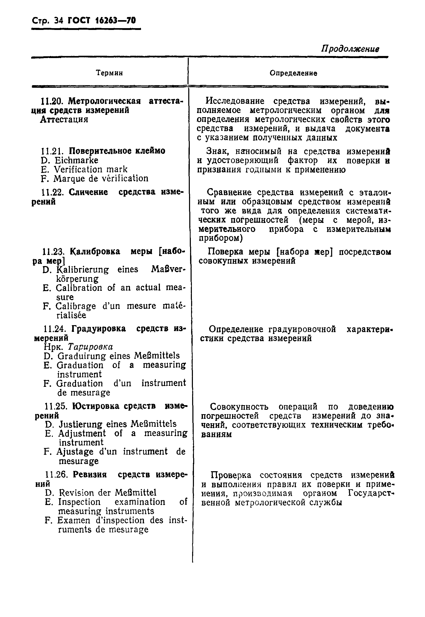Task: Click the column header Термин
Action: pos(109,73)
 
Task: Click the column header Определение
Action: pos(293,73)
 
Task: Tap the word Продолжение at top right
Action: pos(350,49)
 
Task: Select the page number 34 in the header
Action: pos(58,20)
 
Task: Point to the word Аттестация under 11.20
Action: pos(64,119)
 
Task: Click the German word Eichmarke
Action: pos(76,160)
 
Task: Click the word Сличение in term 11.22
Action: pos(88,192)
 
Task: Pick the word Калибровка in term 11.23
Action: pos(95,252)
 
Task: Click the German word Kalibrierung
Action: pos(83,270)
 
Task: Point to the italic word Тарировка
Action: pos(90,347)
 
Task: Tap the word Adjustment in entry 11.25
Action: pos(82,434)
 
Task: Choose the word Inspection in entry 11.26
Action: pos(79,502)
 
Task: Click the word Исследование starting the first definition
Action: pos(235,101)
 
